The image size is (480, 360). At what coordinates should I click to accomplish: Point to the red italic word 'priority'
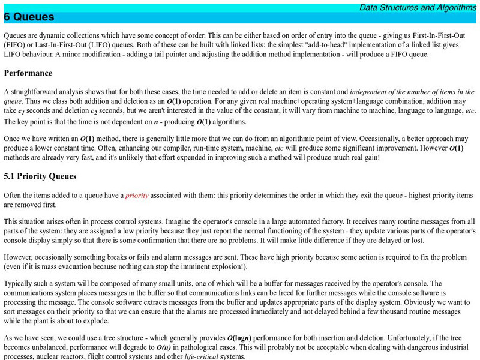(137, 196)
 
